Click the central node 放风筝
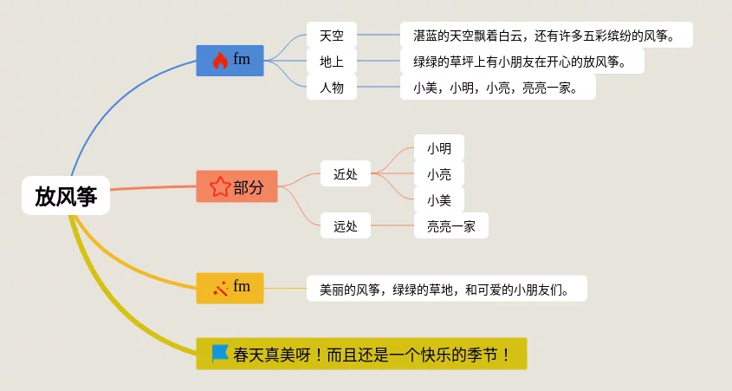(x=66, y=196)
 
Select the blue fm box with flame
(x=230, y=60)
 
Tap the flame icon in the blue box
(x=220, y=61)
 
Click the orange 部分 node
(x=236, y=186)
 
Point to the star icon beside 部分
(x=219, y=186)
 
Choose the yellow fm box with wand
(x=230, y=287)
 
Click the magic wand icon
(x=220, y=288)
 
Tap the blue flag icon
(x=220, y=354)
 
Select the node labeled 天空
(x=332, y=36)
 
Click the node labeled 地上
(x=332, y=62)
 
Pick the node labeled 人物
(x=332, y=88)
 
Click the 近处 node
(x=346, y=174)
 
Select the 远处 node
(x=346, y=226)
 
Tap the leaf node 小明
(x=438, y=148)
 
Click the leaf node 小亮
(x=438, y=174)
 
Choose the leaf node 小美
(x=438, y=200)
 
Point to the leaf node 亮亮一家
(x=450, y=226)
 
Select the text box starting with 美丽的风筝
(x=447, y=289)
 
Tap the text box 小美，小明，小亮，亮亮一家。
(x=497, y=88)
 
